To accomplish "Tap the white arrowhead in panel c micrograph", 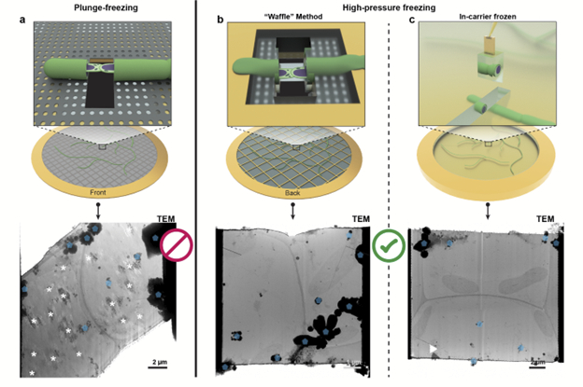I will click(x=433, y=349).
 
